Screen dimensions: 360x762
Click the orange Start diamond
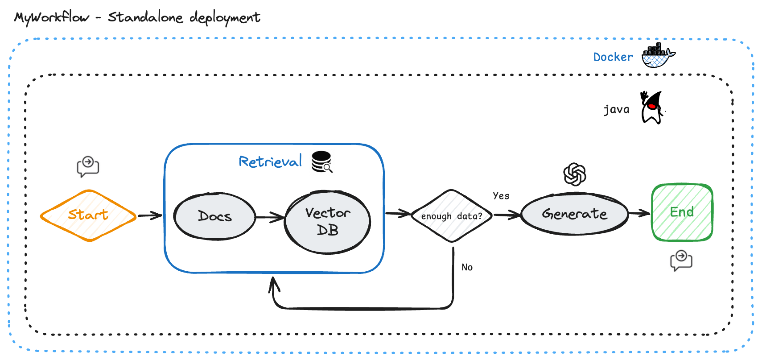88,215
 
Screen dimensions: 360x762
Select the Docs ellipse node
214,216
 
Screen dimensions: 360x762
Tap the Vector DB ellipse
328,222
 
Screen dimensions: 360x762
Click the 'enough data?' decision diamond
452,216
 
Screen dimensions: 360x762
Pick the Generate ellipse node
574,214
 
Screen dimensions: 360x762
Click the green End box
682,212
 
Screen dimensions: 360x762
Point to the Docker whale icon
658,55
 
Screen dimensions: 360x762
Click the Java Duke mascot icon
652,108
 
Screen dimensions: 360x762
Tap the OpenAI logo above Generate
575,174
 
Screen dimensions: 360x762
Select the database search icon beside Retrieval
322,161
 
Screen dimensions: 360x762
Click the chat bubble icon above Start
88,166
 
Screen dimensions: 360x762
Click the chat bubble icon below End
681,261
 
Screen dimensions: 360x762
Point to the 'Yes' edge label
501,196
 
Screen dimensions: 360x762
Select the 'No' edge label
467,267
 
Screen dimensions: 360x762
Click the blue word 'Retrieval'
270,161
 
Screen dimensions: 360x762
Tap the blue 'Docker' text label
613,57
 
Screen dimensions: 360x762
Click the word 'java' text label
616,110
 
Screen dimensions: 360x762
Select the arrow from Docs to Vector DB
270,217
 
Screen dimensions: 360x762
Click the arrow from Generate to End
639,213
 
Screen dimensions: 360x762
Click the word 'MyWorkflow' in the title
52,18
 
